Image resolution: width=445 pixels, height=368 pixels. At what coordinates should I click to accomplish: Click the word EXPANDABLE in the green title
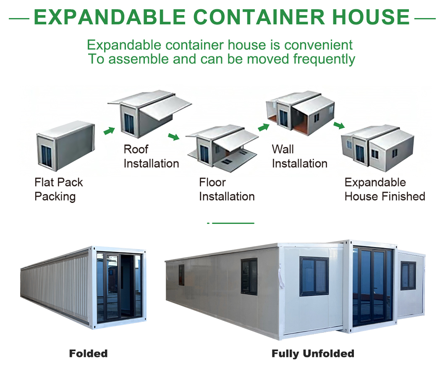[110, 17]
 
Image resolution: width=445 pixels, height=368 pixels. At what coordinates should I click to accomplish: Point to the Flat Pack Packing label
[58, 189]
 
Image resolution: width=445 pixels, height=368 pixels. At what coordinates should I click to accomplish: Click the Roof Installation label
[151, 156]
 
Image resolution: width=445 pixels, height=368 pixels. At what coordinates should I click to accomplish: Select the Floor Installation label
[227, 189]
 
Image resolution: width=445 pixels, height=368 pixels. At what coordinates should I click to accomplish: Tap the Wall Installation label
[299, 156]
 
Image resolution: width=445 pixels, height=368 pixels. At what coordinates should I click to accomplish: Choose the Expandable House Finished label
[385, 189]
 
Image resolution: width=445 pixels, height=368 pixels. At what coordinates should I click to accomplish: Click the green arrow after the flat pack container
[109, 131]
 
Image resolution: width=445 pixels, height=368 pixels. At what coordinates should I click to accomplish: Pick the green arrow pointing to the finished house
[339, 125]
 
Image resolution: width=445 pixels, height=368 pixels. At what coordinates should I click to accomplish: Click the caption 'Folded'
[88, 353]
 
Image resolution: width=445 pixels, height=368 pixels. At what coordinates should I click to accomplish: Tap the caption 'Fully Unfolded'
[313, 353]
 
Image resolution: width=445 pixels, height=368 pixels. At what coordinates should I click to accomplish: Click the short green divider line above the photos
[233, 223]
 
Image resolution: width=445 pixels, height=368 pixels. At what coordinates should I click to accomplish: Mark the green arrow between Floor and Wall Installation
[263, 127]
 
